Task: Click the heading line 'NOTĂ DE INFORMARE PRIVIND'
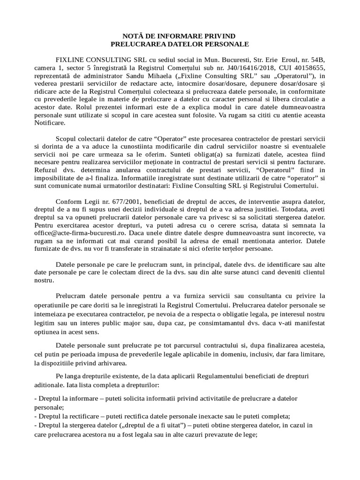tap(180, 36)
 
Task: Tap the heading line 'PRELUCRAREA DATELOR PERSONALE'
tap(180, 44)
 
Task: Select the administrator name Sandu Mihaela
tap(141, 77)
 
